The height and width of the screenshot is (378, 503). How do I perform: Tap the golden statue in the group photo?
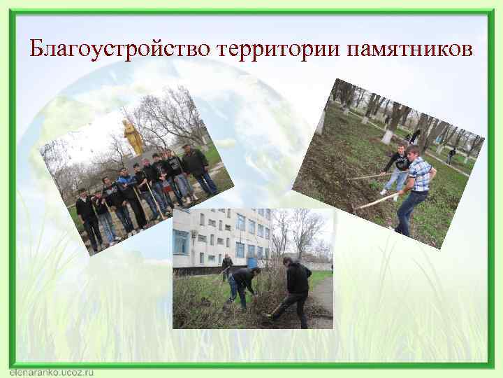[133, 136]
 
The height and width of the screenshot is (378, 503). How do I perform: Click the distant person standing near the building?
[226, 267]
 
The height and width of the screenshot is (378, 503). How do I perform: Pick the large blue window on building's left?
[181, 241]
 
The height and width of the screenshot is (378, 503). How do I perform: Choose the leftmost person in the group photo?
[87, 217]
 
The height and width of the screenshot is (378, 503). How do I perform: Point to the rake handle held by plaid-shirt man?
[377, 201]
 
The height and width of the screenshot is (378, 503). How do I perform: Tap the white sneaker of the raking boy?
[383, 191]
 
